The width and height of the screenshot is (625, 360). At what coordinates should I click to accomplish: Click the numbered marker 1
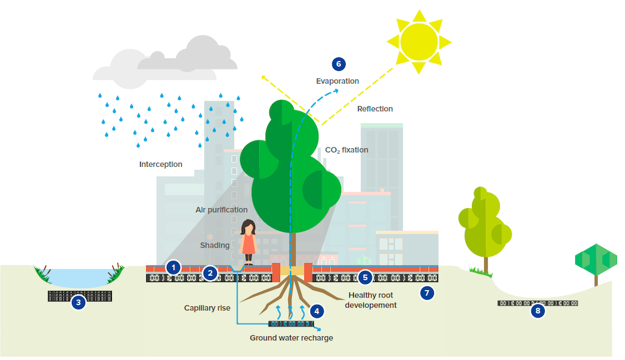coord(174,267)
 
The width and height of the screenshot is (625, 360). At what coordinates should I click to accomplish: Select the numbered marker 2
coord(211,272)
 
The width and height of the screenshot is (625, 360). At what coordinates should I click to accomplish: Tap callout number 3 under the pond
coord(78,302)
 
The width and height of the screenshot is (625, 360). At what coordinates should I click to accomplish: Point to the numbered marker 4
coord(317,310)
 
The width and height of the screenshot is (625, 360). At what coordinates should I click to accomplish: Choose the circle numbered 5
coord(366,277)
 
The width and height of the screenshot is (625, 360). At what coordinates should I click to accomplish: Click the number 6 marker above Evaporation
coord(338,64)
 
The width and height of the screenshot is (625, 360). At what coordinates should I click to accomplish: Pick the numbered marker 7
coord(427,292)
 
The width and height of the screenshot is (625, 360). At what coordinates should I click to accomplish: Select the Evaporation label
coord(337,81)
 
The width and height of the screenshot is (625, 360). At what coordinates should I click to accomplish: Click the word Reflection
coord(375,109)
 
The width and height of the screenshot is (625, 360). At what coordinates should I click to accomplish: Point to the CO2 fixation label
coord(346,150)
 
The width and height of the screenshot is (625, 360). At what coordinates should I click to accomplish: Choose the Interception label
coord(161,164)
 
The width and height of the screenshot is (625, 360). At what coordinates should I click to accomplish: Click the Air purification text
coord(221,209)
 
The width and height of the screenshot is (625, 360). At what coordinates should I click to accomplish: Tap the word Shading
coord(214,246)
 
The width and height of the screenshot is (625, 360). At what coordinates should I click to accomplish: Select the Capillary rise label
coord(207,307)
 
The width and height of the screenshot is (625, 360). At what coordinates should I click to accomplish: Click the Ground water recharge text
coord(291,338)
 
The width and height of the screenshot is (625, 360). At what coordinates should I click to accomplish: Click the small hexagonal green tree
coord(596,260)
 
